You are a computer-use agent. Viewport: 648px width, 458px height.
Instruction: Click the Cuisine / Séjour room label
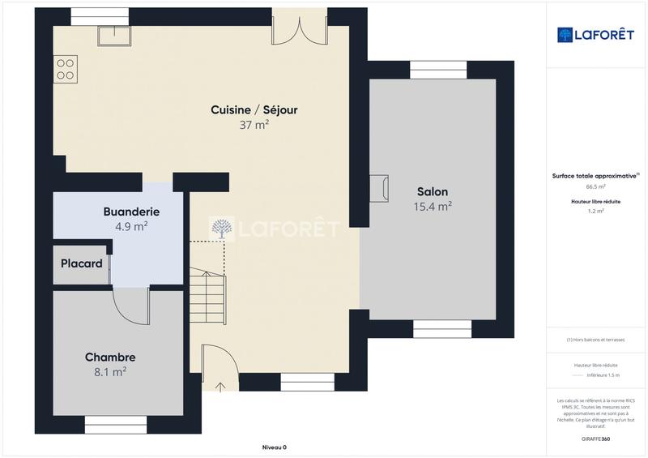pos(249,109)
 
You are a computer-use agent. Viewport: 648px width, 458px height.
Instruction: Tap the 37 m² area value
pos(254,125)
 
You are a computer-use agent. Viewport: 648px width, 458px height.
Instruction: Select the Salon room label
pos(433,191)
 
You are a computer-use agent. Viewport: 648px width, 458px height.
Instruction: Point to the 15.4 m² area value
pos(433,207)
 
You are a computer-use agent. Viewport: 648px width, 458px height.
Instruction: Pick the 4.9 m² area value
pos(131,227)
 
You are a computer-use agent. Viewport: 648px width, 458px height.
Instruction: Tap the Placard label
pos(82,263)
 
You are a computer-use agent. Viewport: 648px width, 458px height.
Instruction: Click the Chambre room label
pos(110,357)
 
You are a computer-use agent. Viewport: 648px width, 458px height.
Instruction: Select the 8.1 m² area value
pos(110,372)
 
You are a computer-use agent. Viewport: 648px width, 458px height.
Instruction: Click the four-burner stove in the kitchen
pos(65,68)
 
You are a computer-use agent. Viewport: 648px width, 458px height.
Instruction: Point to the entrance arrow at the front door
pos(220,387)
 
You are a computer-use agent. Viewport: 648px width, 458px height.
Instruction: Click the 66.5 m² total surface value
pos(595,186)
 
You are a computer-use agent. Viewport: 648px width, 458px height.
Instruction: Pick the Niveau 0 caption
pos(275,447)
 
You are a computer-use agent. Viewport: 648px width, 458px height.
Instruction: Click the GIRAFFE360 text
pos(595,438)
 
